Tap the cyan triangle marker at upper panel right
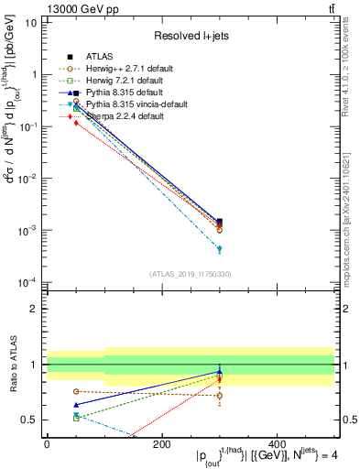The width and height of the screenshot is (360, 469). (219, 248)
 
